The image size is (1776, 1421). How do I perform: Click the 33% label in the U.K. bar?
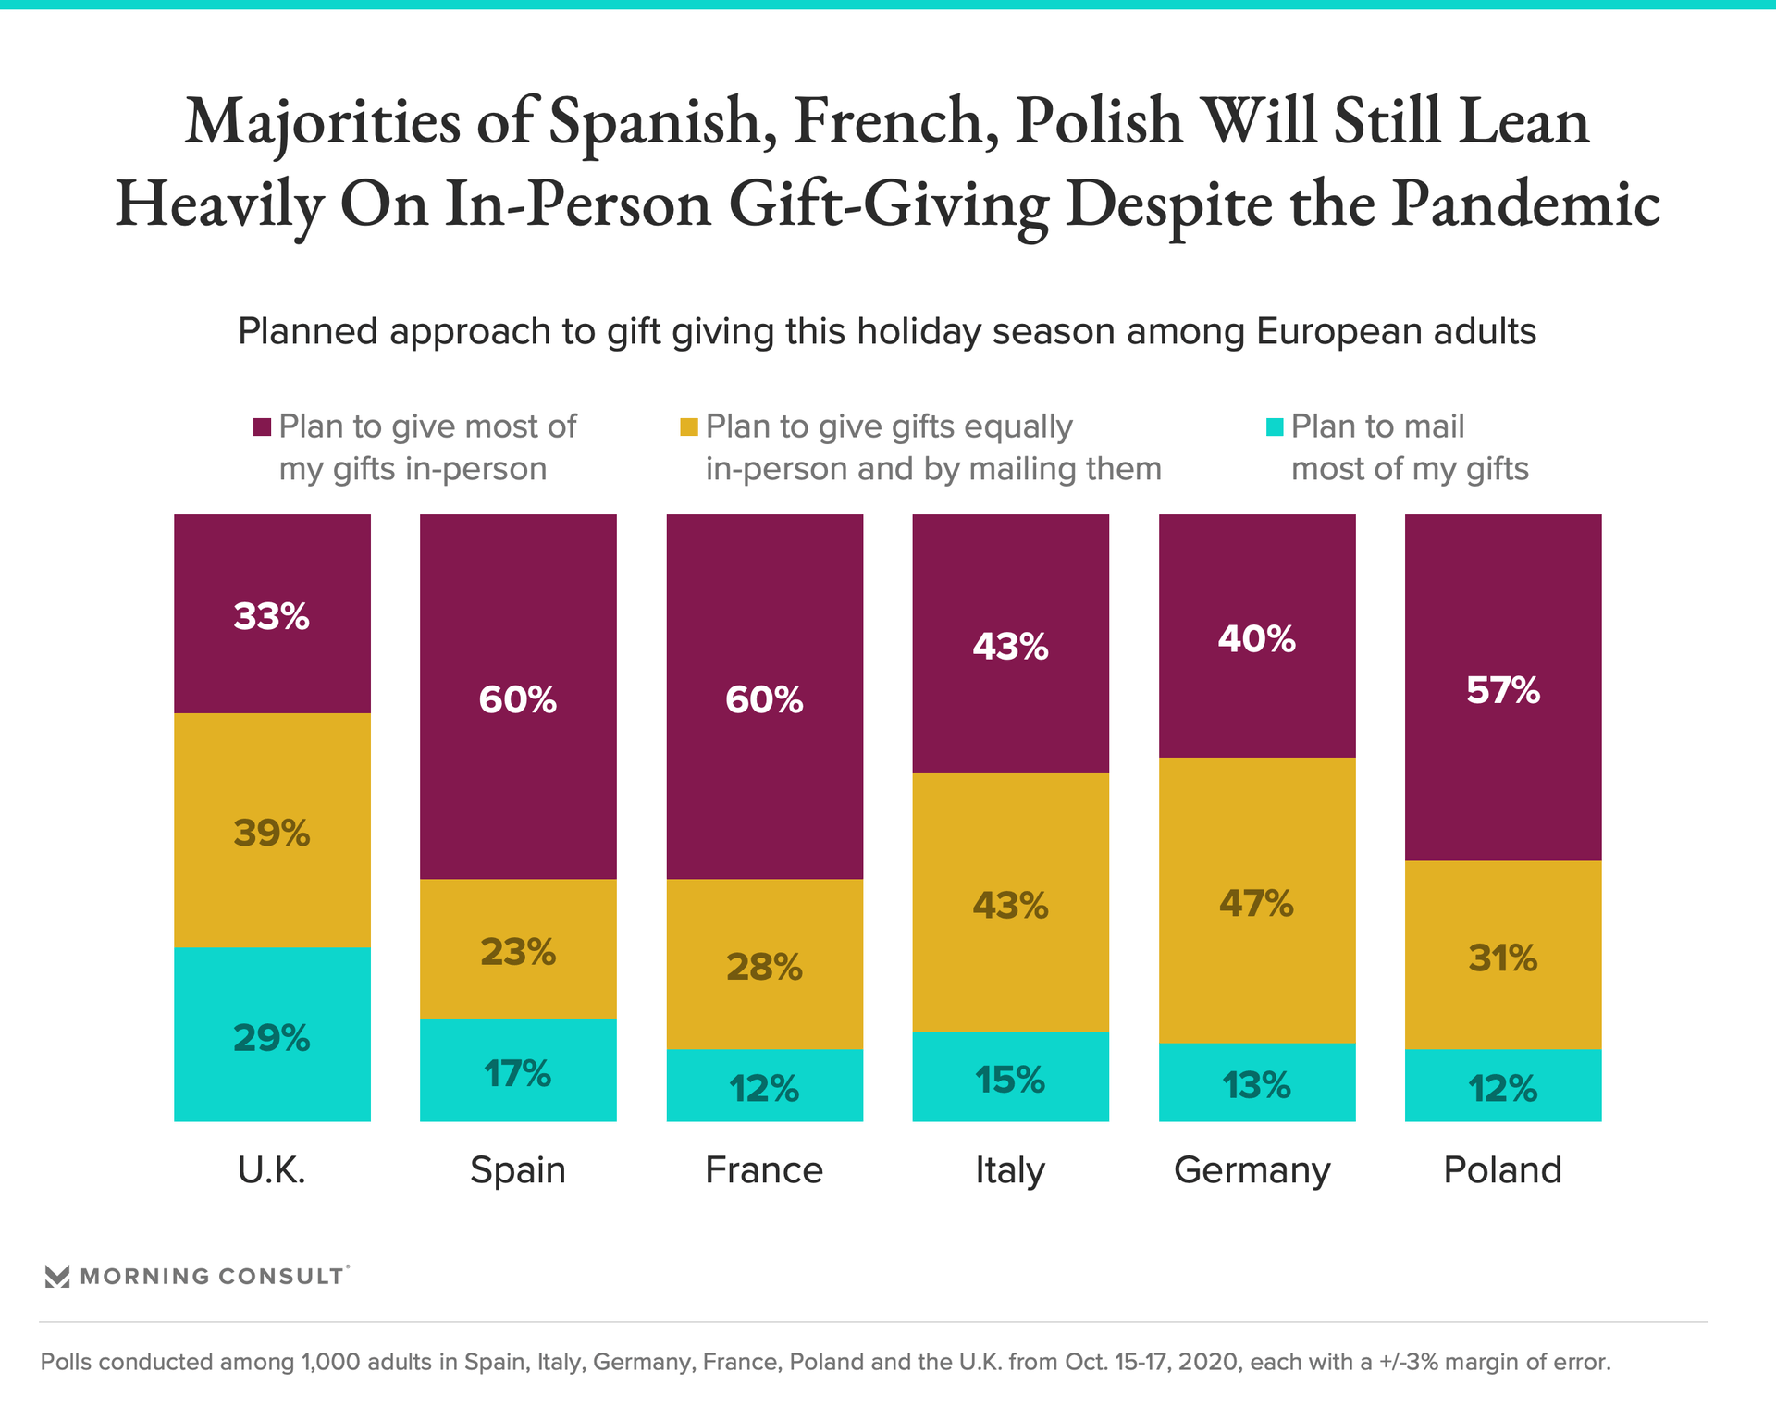pyautogui.click(x=271, y=617)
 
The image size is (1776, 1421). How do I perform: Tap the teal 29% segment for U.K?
pyautogui.click(x=272, y=1033)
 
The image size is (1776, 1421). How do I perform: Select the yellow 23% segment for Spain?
pyautogui.click(x=518, y=948)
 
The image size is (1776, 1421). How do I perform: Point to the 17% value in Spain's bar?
pyautogui.click(x=517, y=1074)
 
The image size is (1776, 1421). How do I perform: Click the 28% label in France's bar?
pyautogui.click(x=764, y=967)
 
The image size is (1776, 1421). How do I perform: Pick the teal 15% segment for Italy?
pyautogui.click(x=1010, y=1076)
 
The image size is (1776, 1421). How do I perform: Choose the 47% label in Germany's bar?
pyautogui.click(x=1256, y=903)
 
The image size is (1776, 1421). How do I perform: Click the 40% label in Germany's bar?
pyautogui.click(x=1256, y=639)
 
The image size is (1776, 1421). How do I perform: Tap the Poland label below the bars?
pyautogui.click(x=1502, y=1170)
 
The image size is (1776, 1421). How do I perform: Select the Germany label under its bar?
pyautogui.click(x=1252, y=1170)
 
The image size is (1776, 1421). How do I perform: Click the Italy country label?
pyautogui.click(x=1010, y=1170)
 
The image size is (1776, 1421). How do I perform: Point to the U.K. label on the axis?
pyautogui.click(x=271, y=1170)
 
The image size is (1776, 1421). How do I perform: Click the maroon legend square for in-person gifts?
pyautogui.click(x=263, y=426)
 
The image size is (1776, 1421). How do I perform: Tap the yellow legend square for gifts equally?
pyautogui.click(x=689, y=426)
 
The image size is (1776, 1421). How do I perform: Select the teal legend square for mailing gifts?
pyautogui.click(x=1275, y=426)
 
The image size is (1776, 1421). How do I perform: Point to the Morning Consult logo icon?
pyautogui.click(x=57, y=1277)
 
